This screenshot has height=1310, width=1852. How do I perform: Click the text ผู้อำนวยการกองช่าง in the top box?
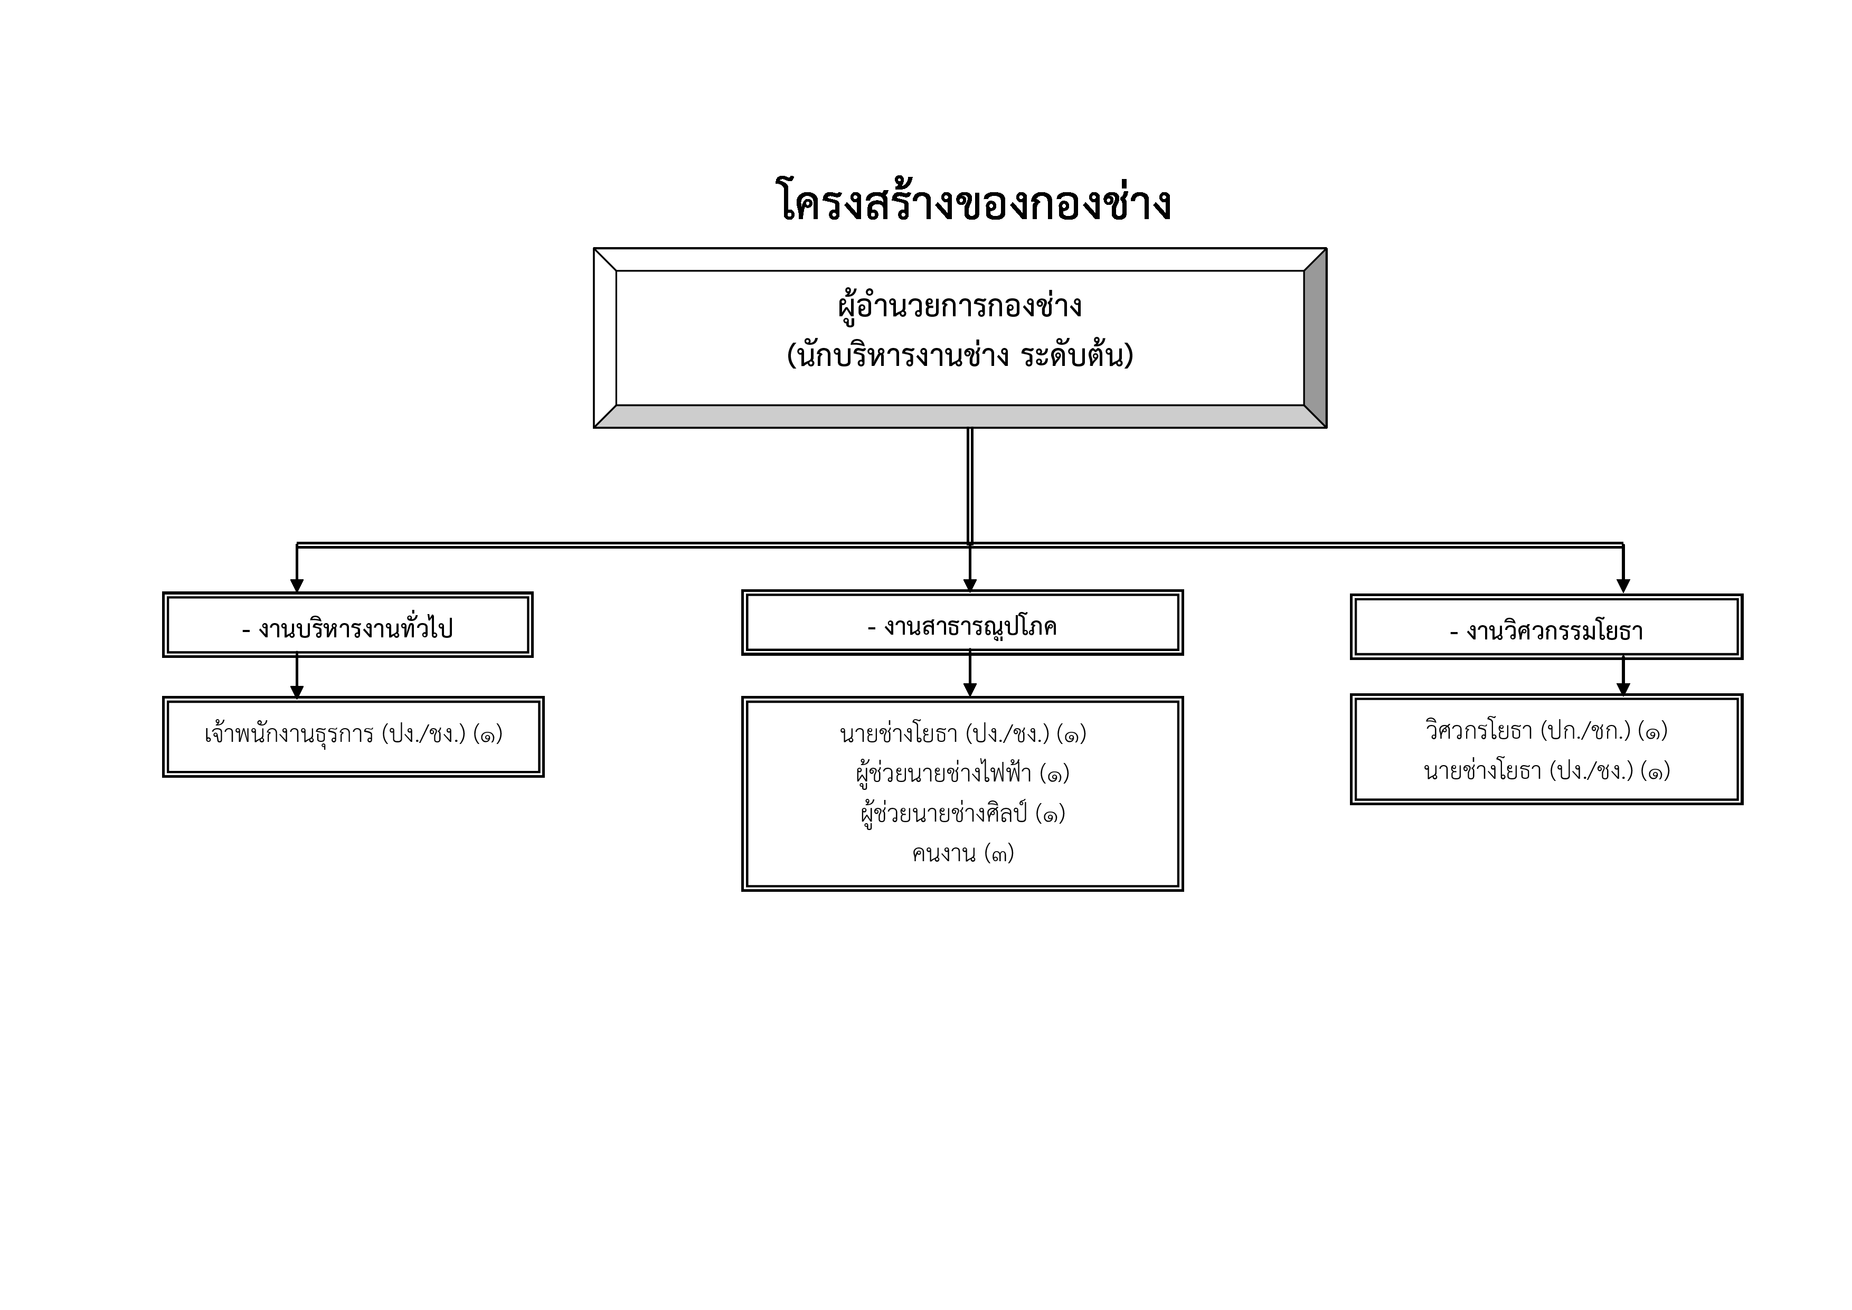(960, 307)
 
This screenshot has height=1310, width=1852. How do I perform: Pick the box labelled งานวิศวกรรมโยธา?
(1546, 629)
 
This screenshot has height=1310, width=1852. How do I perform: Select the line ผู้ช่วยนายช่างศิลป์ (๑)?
(962, 814)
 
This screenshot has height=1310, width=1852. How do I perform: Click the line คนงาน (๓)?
(962, 853)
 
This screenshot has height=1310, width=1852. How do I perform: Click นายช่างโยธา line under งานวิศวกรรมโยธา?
(1546, 771)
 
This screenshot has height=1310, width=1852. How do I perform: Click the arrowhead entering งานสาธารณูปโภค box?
(970, 585)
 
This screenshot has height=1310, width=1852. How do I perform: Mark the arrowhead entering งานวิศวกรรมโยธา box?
(1624, 587)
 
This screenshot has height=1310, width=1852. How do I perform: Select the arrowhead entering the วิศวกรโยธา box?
(1624, 689)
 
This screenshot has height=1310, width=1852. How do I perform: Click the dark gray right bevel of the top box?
(1315, 338)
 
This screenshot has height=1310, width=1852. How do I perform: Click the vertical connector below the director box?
(970, 484)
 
